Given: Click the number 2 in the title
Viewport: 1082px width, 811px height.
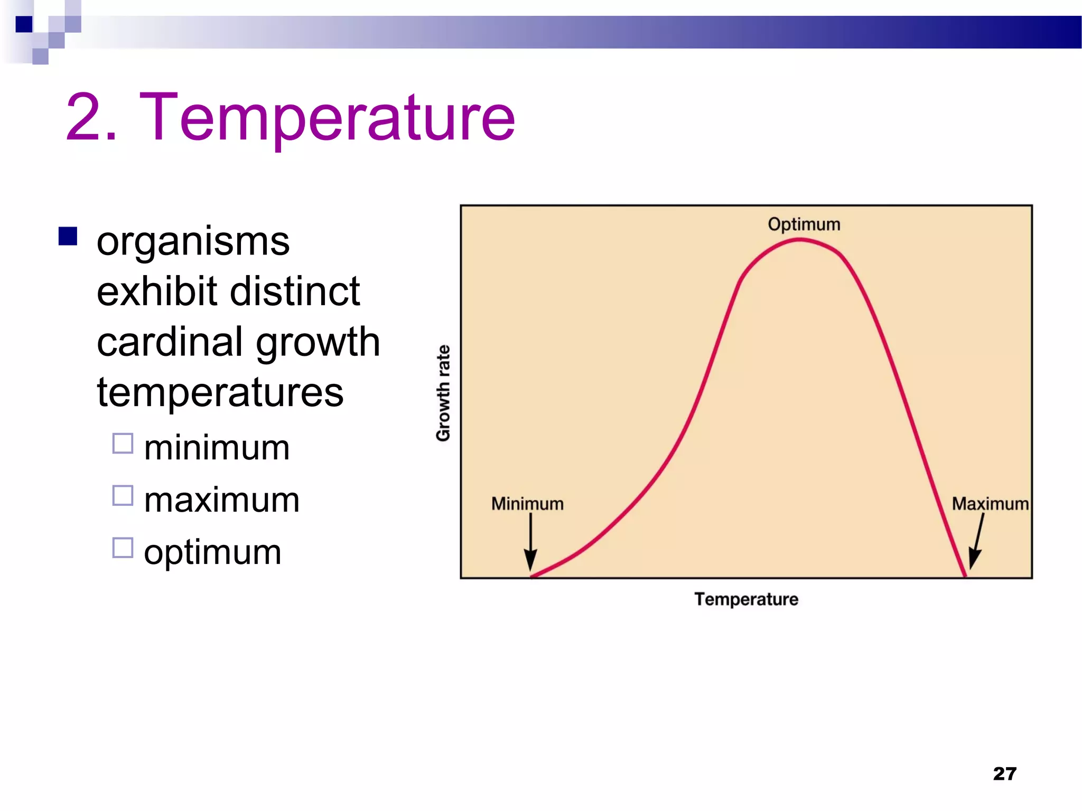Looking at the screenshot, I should (x=85, y=117).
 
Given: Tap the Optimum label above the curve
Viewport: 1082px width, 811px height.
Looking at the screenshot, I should (x=804, y=224).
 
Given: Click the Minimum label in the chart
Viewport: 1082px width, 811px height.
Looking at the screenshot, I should (x=527, y=504).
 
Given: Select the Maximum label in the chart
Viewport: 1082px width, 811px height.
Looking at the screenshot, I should (x=990, y=504).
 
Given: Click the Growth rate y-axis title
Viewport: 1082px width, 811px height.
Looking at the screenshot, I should (x=443, y=393).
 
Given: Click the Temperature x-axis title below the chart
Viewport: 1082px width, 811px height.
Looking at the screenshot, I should (x=746, y=599).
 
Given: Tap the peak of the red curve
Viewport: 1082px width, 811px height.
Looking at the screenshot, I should (x=800, y=240).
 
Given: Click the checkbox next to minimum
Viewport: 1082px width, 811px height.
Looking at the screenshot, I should (x=123, y=444).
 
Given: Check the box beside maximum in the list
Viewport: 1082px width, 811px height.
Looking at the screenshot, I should (x=123, y=496).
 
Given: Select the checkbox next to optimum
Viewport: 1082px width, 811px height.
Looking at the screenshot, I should (x=123, y=548).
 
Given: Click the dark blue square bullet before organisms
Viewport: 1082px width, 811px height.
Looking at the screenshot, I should (x=68, y=237).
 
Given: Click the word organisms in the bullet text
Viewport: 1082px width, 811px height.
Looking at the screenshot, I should (x=193, y=242).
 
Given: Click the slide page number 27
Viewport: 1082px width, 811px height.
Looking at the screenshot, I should (x=1004, y=774).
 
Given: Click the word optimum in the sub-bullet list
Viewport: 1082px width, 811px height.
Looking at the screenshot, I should (x=212, y=552).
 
